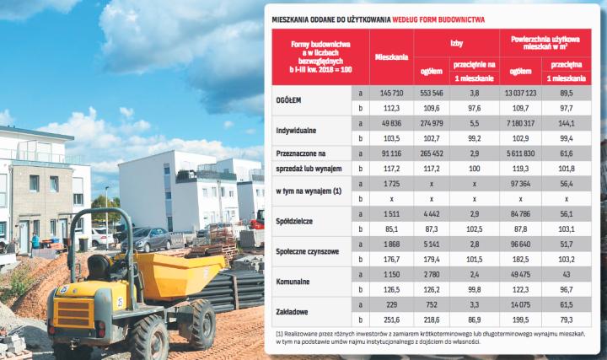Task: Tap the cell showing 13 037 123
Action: [520, 90]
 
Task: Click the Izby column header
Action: [454, 39]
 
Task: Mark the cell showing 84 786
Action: [520, 214]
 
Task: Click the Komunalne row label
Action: [296, 284]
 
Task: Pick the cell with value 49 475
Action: [520, 276]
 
